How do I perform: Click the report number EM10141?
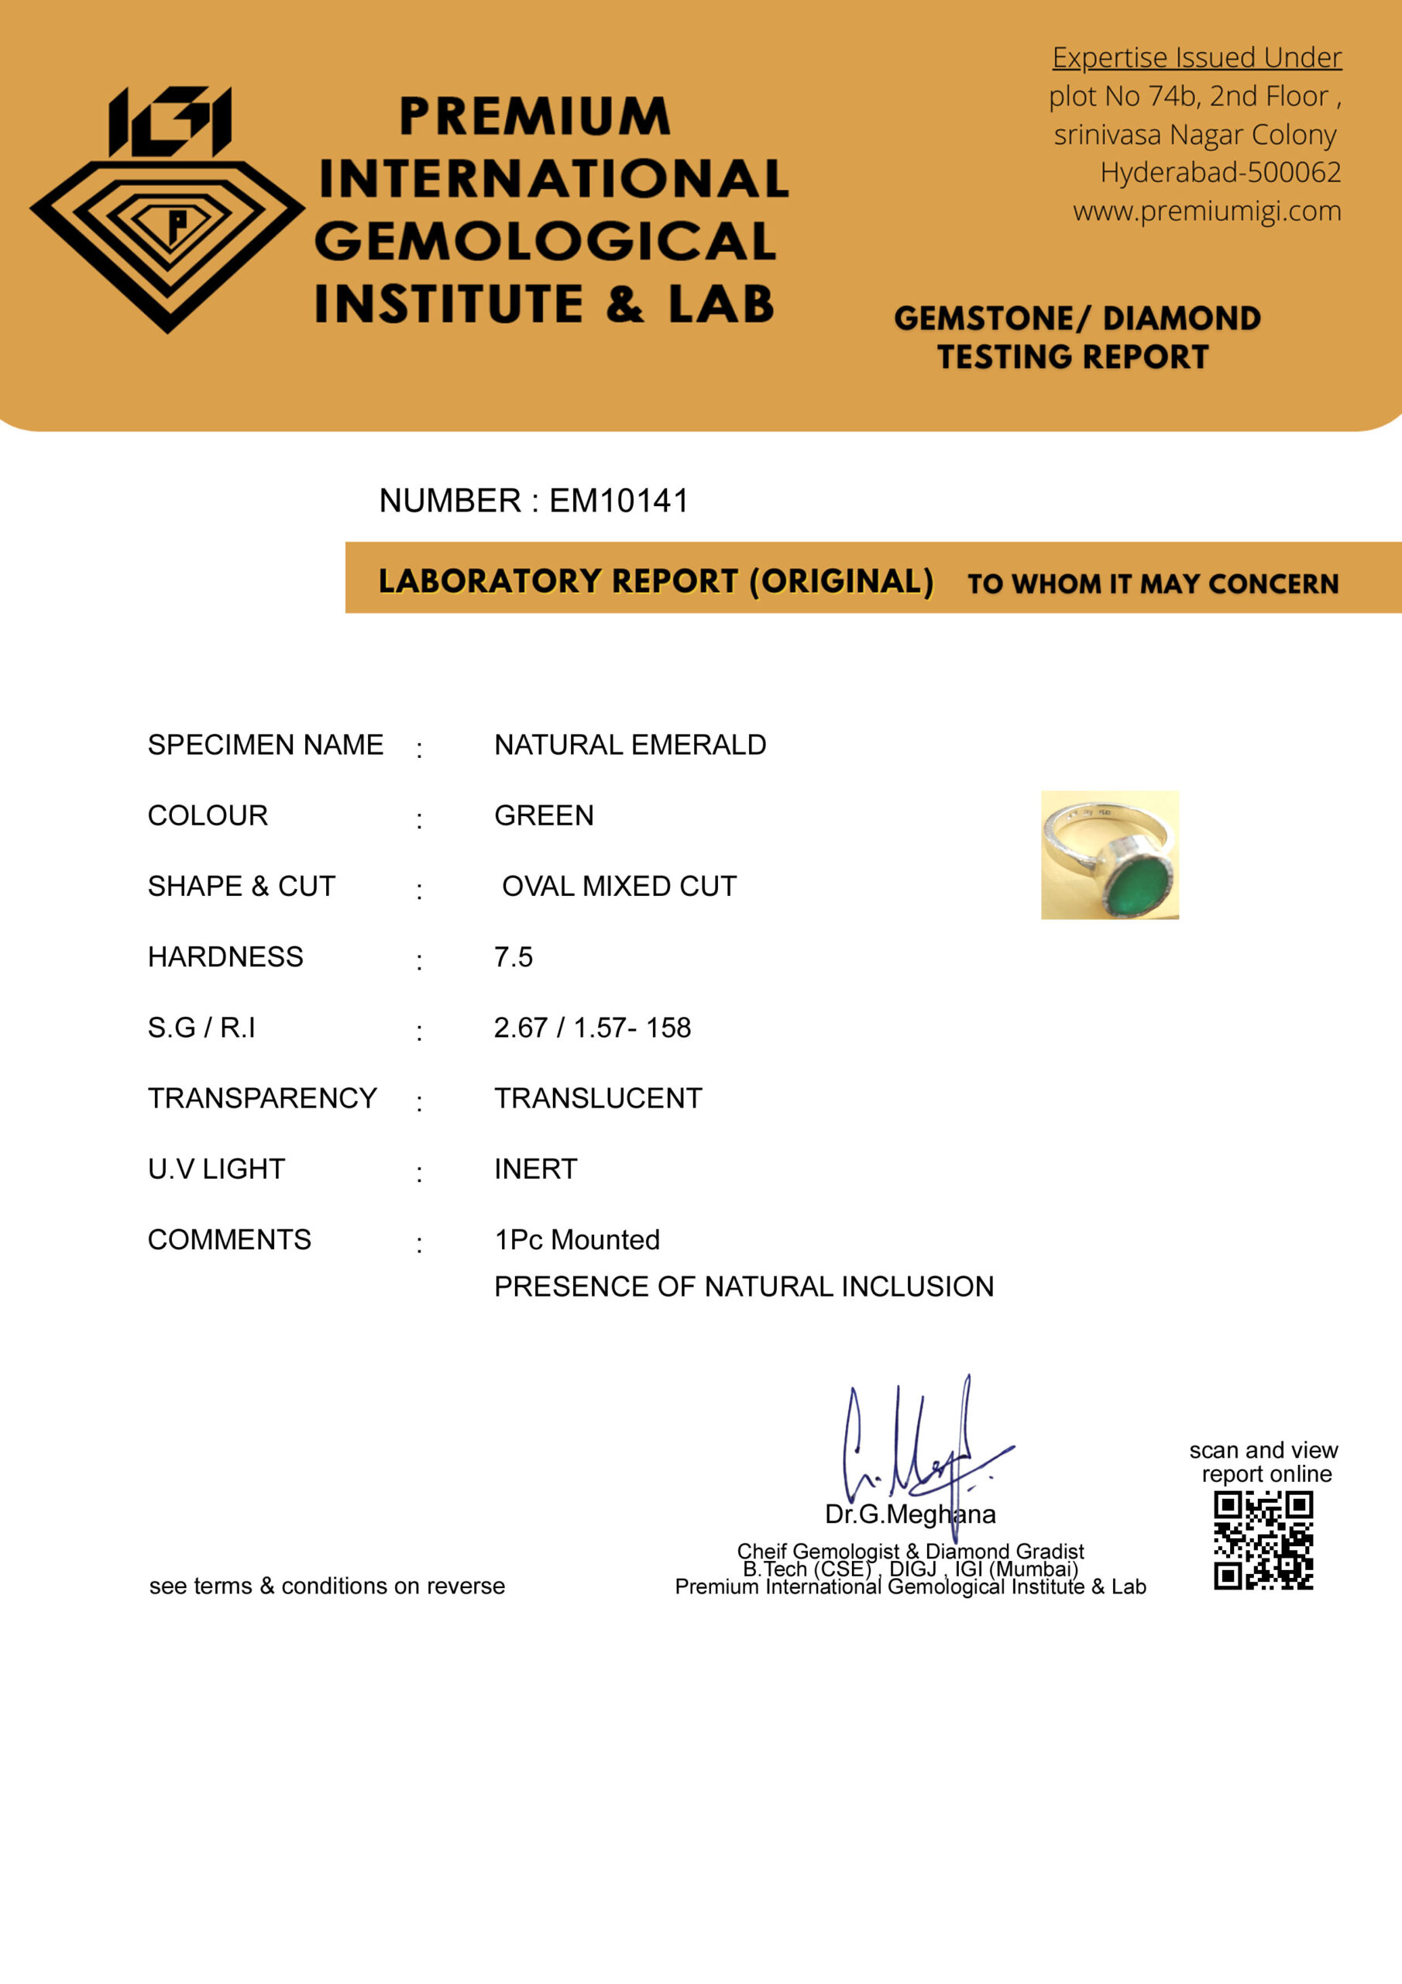[618, 501]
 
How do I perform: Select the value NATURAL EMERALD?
[630, 745]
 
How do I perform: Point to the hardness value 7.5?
[513, 957]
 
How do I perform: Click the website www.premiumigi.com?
[1207, 211]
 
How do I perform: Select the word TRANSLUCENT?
[598, 1098]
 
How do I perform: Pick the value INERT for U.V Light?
[535, 1169]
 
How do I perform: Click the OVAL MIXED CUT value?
[618, 887]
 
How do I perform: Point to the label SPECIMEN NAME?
[265, 745]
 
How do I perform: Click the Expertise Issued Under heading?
[1197, 58]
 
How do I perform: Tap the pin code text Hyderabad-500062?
[1220, 173]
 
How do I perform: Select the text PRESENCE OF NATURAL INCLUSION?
[744, 1286]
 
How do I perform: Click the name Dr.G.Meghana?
[909, 1514]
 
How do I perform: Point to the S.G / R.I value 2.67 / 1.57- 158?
[592, 1028]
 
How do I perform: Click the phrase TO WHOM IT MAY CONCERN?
[1153, 584]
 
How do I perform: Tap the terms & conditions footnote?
[327, 1586]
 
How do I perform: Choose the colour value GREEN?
[543, 816]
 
